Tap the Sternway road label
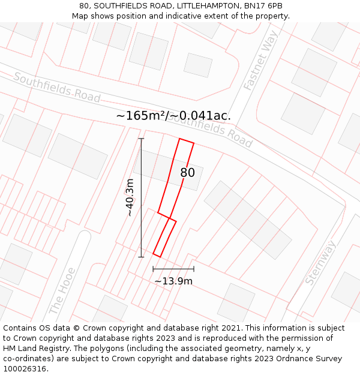(321, 262)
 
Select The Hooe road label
(62, 291)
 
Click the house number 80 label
(188, 173)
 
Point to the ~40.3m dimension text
(130, 197)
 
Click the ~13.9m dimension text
(173, 281)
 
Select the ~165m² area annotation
(173, 116)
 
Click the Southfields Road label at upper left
(56, 88)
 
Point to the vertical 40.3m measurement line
(142, 198)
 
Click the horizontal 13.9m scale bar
(173, 269)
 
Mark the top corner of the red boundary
(179, 139)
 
